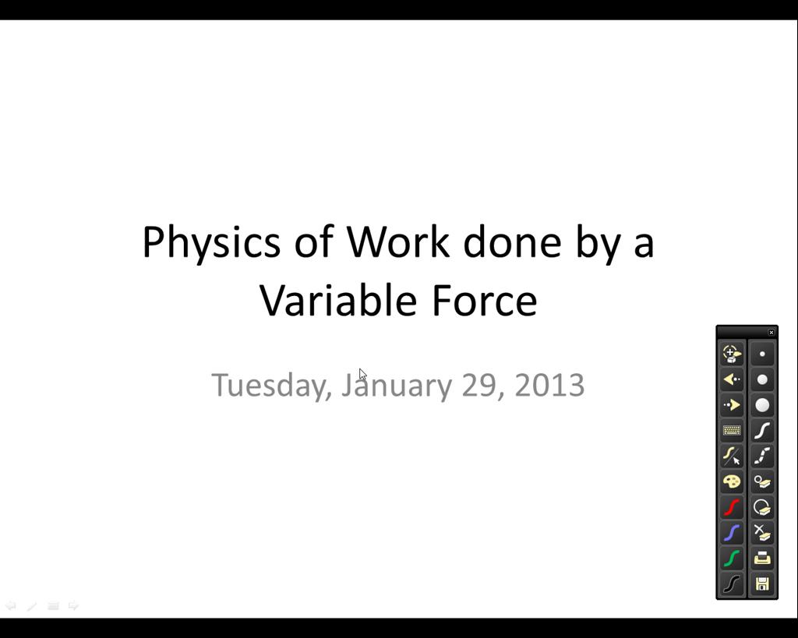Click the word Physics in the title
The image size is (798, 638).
coord(211,244)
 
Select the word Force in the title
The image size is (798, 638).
coord(485,300)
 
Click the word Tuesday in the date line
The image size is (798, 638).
coord(272,386)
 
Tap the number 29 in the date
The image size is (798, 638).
coord(479,385)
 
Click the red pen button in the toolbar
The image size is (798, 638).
coord(732,507)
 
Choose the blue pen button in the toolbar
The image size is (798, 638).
coord(732,533)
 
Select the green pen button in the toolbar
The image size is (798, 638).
coord(732,558)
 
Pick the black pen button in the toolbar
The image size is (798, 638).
coord(732,583)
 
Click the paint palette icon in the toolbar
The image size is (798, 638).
coord(732,481)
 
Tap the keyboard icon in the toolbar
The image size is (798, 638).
coord(732,431)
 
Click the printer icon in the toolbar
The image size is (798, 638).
coord(762,558)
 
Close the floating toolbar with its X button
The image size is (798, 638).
coord(771,332)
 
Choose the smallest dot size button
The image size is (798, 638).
coord(762,354)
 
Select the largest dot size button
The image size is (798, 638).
coord(762,405)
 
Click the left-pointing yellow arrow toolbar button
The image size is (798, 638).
coord(732,379)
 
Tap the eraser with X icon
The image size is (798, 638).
coord(762,533)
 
